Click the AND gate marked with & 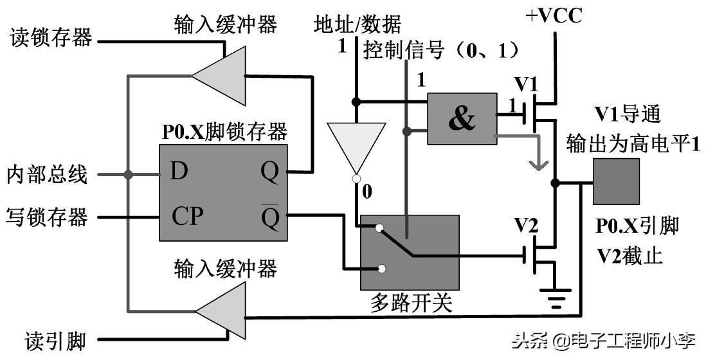pyautogui.click(x=462, y=118)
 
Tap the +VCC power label pyautogui.click(x=554, y=15)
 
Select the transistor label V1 pyautogui.click(x=525, y=85)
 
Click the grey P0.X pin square pyautogui.click(x=616, y=181)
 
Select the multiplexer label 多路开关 pyautogui.click(x=412, y=303)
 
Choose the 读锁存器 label pyautogui.click(x=51, y=39)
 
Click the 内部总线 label pyautogui.click(x=47, y=174)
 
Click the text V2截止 pyautogui.click(x=629, y=255)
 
